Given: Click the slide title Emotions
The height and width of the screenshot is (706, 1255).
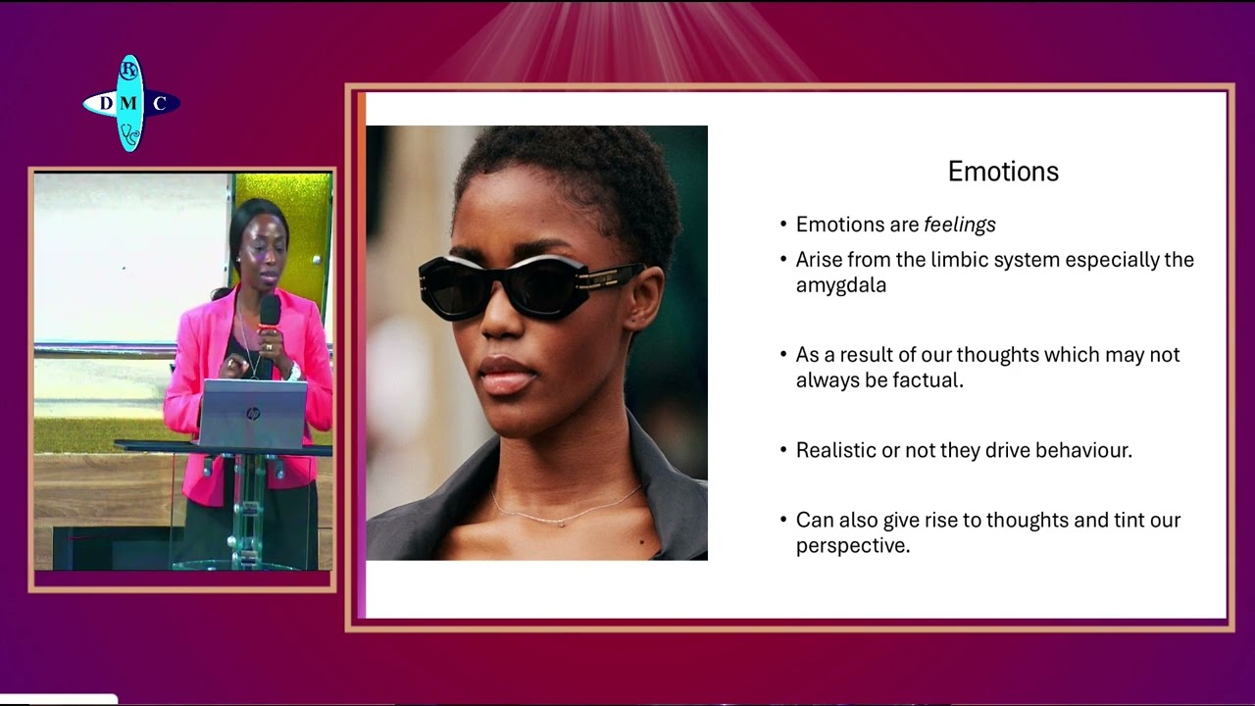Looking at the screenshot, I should pos(1003,172).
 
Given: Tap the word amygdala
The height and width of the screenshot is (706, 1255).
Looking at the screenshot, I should pos(840,285).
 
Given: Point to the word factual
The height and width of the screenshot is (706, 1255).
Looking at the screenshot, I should pos(928,380).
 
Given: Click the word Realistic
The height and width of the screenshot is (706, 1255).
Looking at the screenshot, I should pos(836,450).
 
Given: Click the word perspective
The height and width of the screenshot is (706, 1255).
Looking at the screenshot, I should pos(852,545).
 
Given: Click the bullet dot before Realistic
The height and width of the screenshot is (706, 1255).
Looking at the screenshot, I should pos(783,451).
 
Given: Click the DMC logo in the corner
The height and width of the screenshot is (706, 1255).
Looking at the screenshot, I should pos(130,103).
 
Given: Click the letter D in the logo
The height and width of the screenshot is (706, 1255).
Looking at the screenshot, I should pos(106,104).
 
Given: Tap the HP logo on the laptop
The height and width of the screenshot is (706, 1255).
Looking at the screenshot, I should pos(253,414).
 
